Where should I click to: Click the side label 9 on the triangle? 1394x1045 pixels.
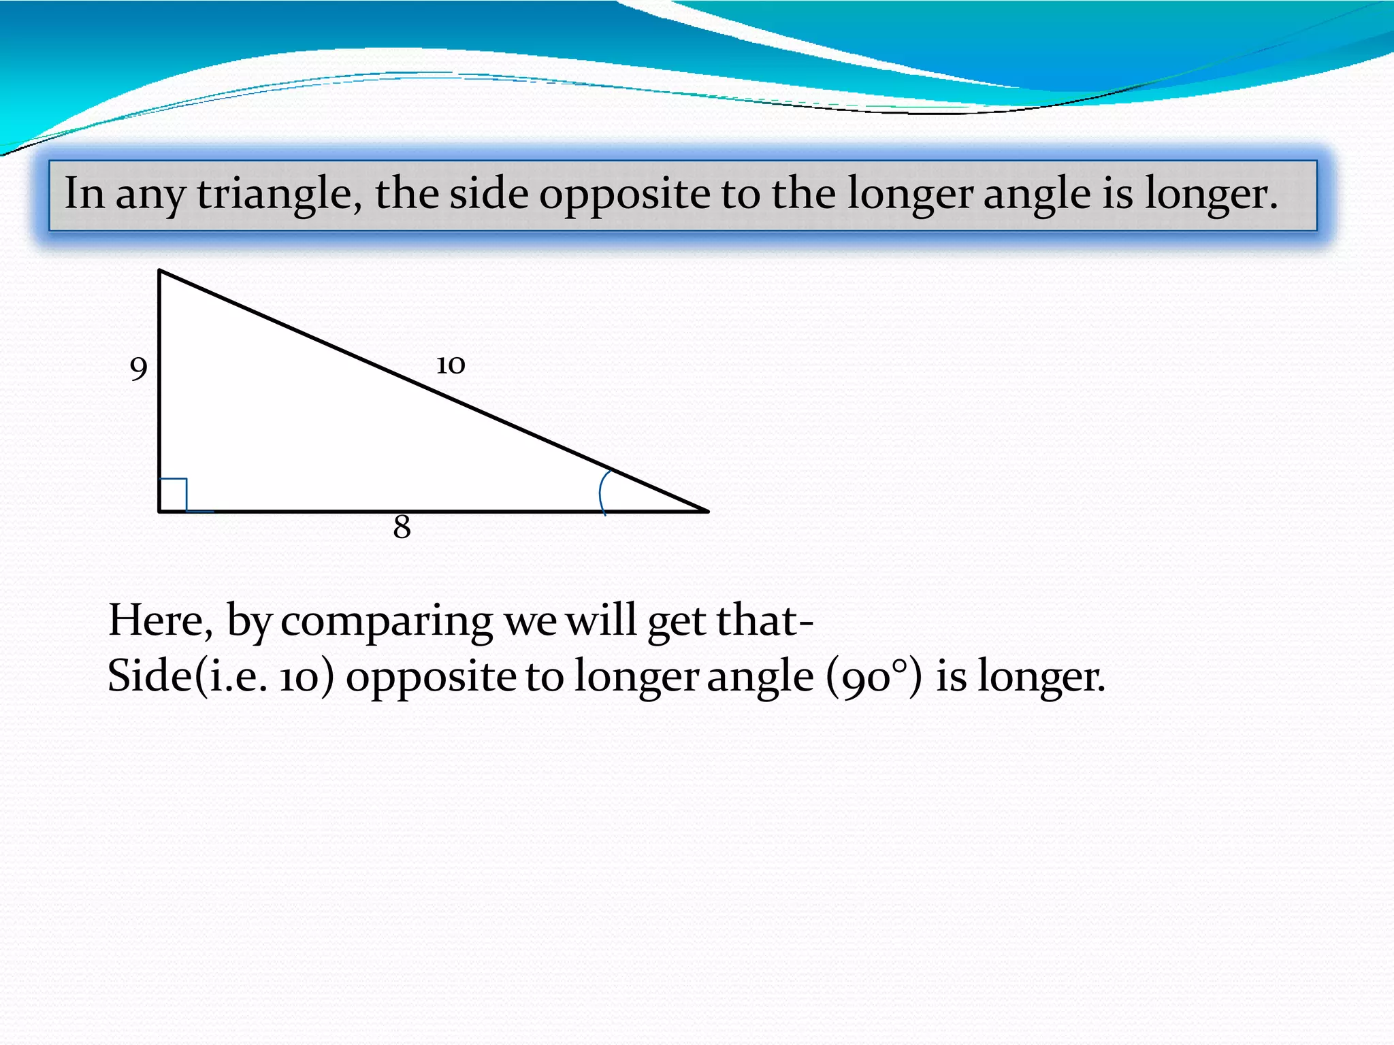138,369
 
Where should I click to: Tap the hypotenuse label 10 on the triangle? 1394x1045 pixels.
451,365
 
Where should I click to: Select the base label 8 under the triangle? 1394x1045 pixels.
402,527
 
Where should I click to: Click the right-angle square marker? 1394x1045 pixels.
173,494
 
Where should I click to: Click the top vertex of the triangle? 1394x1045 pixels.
159,271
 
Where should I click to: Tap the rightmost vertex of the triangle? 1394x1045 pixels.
708,511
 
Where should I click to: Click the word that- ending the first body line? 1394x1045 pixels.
764,620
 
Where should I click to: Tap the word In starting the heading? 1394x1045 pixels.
84,193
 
